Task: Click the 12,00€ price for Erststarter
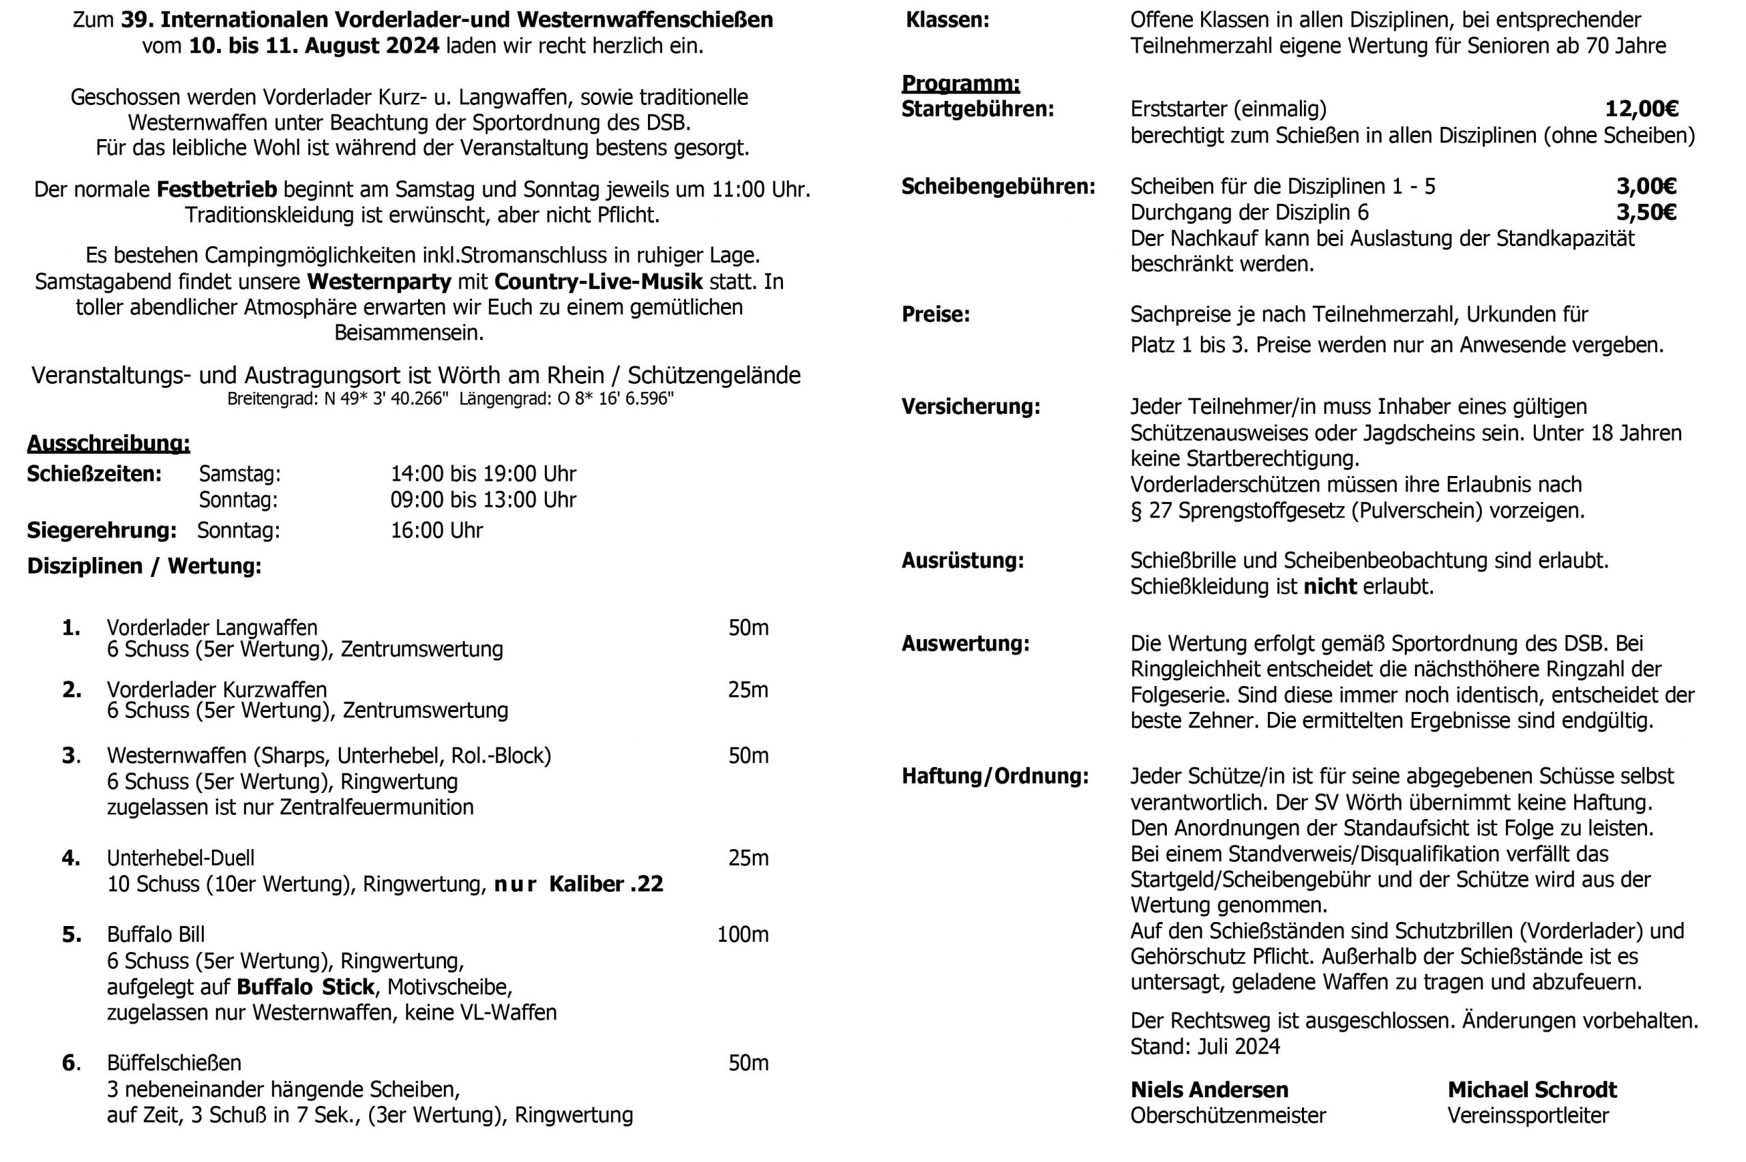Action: click(x=1641, y=110)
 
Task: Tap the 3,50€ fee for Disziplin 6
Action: click(x=1645, y=213)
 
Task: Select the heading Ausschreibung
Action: click(x=108, y=443)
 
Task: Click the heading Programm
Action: click(x=960, y=84)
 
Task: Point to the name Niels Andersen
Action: click(x=1209, y=1090)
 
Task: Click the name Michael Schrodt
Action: click(x=1532, y=1090)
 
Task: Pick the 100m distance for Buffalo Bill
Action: click(x=743, y=934)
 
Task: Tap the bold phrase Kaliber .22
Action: click(x=606, y=884)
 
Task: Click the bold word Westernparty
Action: click(x=379, y=282)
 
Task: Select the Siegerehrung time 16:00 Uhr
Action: click(x=436, y=531)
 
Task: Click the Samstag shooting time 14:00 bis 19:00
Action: click(x=483, y=473)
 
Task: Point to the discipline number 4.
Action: click(x=71, y=858)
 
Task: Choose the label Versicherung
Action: click(x=971, y=407)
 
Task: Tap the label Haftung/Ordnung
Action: click(x=995, y=776)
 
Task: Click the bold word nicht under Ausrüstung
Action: click(x=1329, y=586)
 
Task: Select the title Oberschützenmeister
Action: click(x=1228, y=1116)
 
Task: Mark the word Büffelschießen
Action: click(x=174, y=1062)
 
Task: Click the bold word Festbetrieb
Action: click(x=216, y=189)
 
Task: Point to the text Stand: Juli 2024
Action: click(x=1205, y=1046)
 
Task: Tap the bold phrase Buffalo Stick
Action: click(x=306, y=987)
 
